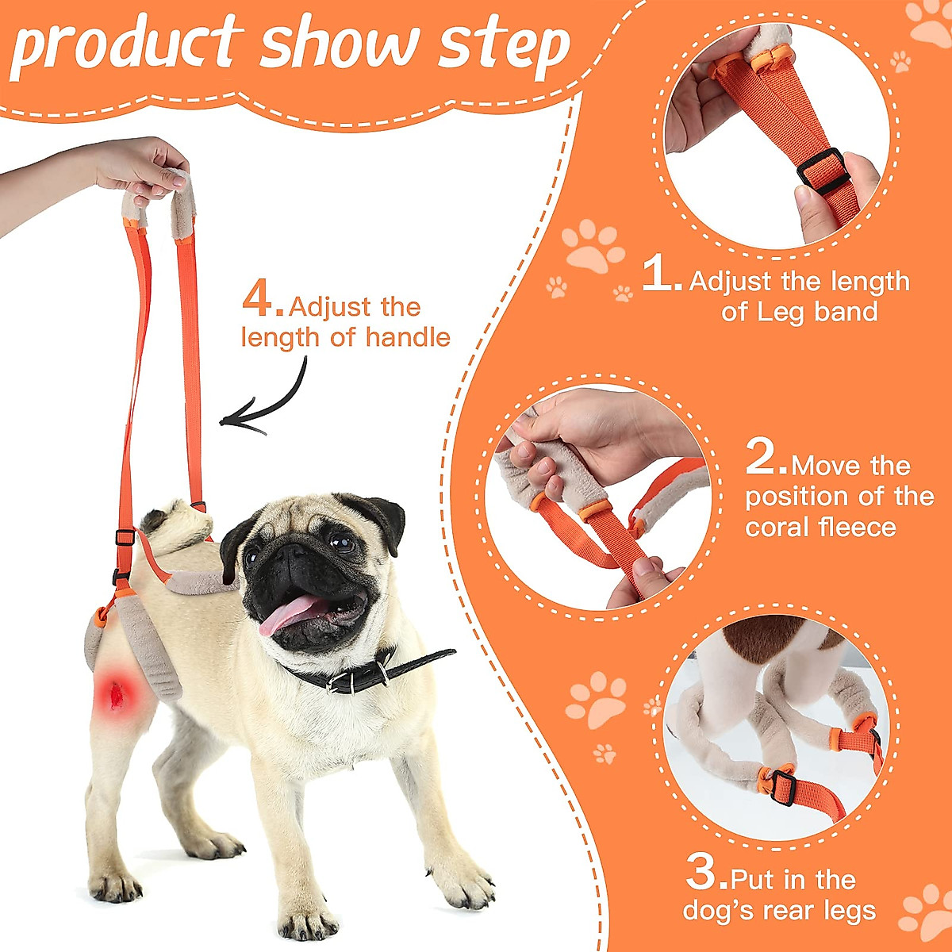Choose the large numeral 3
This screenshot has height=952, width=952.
(704, 873)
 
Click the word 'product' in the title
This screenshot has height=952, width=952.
(127, 44)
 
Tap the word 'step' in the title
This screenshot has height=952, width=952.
(503, 44)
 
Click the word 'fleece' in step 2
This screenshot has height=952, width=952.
(860, 528)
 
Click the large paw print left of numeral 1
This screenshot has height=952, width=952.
(593, 247)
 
